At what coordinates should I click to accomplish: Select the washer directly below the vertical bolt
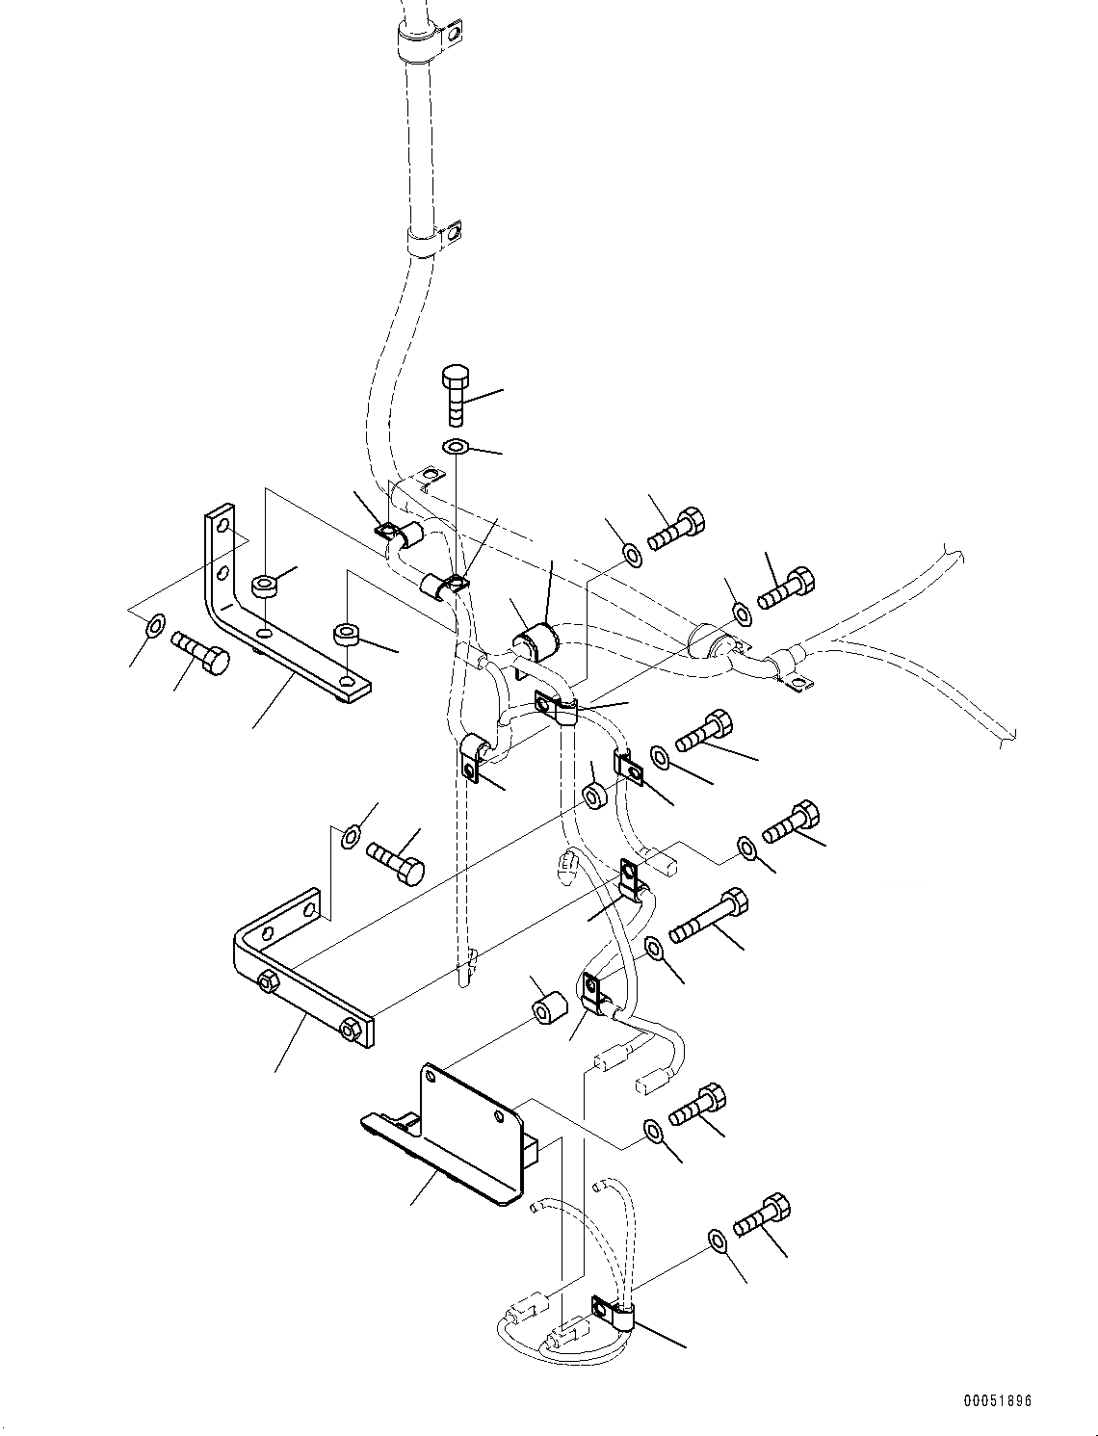pyautogui.click(x=456, y=447)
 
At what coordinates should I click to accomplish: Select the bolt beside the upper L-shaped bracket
pyautogui.click(x=203, y=654)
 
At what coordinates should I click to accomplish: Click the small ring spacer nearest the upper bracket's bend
pyautogui.click(x=264, y=585)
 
